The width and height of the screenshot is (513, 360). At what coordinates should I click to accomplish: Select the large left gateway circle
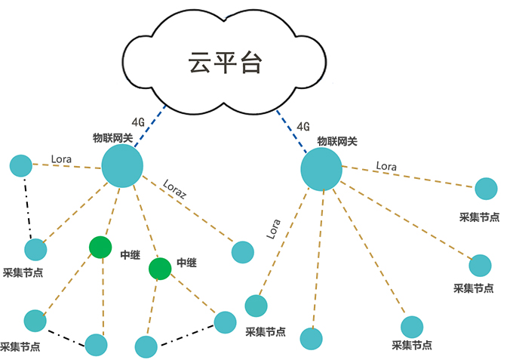122,166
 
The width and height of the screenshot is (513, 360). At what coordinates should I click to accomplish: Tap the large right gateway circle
321,169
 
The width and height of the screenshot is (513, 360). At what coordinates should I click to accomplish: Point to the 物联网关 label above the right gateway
336,140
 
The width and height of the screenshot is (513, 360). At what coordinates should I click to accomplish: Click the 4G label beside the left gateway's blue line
138,121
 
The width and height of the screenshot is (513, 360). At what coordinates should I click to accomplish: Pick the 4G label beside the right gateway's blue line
304,126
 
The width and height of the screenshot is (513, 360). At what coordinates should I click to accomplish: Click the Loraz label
175,189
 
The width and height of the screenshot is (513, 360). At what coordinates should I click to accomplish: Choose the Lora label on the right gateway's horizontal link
386,165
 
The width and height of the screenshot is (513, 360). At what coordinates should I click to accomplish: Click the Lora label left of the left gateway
62,159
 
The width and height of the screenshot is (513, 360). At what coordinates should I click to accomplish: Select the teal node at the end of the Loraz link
242,251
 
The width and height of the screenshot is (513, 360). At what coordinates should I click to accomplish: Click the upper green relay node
100,246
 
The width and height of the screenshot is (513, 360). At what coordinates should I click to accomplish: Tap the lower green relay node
160,268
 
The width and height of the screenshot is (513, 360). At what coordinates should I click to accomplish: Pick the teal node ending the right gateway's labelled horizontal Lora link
486,189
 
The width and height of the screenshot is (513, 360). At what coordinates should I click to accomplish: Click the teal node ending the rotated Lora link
256,305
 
